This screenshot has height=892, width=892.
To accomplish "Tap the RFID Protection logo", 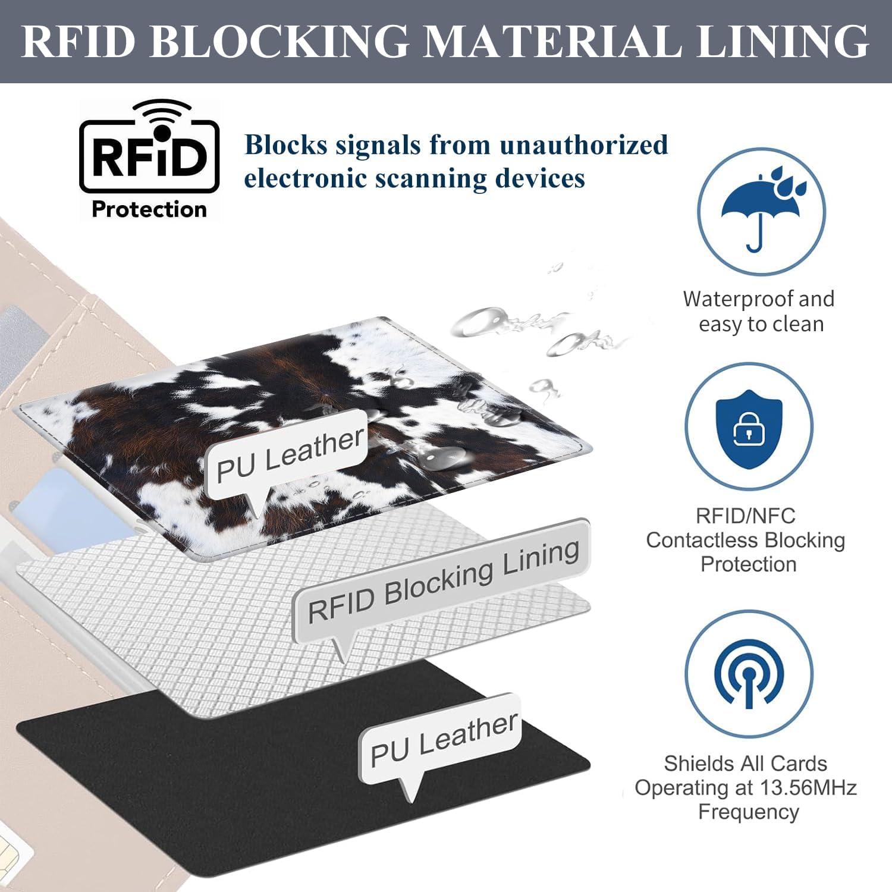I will (x=149, y=159).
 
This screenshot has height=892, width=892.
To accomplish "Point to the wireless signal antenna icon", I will (x=749, y=674).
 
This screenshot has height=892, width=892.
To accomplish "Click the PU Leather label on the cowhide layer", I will (x=290, y=454).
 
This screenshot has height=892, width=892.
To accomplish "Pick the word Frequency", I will (x=748, y=812).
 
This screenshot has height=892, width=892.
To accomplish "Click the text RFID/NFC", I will (x=745, y=515).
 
